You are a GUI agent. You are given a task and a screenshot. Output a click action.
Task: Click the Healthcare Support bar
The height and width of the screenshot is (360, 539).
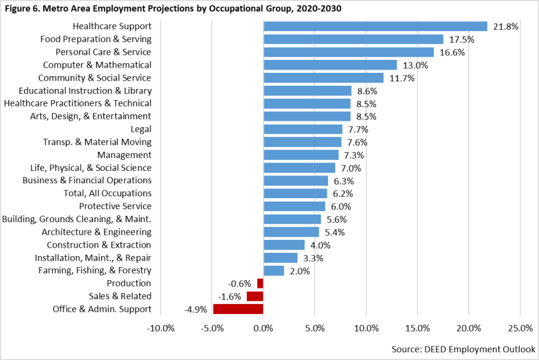coord(375,26)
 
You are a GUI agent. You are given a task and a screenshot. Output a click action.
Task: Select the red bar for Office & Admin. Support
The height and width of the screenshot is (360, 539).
coord(238,309)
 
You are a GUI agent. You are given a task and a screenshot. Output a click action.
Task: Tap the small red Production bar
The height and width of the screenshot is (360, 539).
coord(260,283)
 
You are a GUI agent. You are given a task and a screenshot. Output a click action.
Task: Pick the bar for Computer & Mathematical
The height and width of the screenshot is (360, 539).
coord(330,65)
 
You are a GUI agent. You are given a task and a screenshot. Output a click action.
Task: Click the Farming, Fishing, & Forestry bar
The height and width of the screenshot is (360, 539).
coord(273,270)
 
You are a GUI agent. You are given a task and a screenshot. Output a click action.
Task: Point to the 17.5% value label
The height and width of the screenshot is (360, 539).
coord(462,40)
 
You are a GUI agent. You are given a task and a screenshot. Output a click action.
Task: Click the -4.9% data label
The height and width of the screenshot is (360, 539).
coord(197,309)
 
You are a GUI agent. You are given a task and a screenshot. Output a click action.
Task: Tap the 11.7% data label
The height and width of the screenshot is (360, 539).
coord(402,78)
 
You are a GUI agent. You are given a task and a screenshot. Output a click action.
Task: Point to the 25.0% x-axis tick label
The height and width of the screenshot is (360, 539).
coord(520,328)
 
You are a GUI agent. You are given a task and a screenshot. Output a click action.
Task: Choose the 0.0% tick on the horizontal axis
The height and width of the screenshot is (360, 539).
coord(263,328)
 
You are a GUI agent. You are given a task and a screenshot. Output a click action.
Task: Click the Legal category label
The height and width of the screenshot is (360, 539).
coord(141,129)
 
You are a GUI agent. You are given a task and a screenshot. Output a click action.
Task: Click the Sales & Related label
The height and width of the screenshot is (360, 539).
coord(121,296)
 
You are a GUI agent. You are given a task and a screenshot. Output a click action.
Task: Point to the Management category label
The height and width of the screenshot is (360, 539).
coord(124,155)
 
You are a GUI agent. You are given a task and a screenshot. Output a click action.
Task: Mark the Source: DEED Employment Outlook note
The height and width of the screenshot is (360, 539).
coord(462,348)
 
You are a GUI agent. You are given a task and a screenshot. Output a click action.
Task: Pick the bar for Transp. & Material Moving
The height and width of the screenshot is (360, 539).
coord(302,142)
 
